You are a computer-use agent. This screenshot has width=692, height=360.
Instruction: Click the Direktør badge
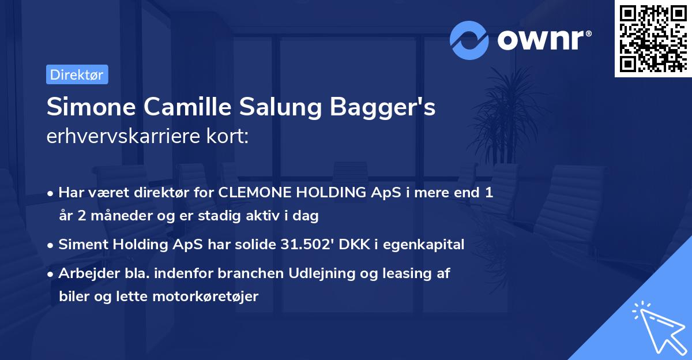coord(77,75)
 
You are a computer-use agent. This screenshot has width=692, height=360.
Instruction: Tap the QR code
coord(653,39)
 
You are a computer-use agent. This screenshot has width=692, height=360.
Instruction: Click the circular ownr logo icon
coord(470,40)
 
